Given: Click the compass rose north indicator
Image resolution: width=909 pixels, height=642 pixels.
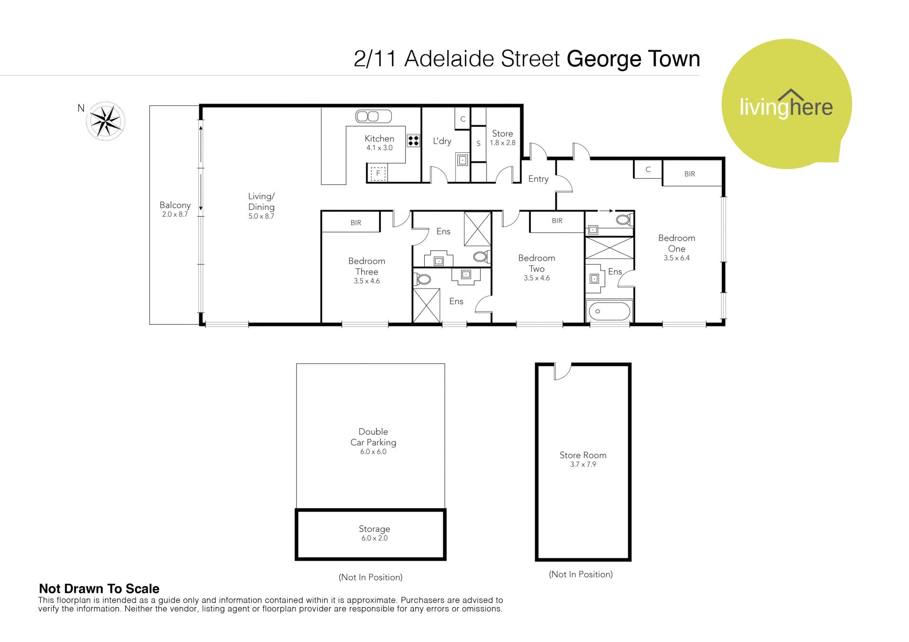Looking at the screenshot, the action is [x=105, y=121].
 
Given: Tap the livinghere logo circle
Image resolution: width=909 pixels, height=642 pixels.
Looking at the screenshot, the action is [x=786, y=104].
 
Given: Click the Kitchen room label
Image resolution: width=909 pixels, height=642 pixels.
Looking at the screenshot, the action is [x=379, y=139].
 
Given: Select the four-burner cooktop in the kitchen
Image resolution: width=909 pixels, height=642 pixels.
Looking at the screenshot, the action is [x=413, y=141].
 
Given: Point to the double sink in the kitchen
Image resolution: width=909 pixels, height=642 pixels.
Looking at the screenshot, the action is [x=374, y=116].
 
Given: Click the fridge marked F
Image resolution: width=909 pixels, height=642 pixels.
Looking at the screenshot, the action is [x=378, y=173].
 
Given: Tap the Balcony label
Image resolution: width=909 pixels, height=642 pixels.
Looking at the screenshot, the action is [x=175, y=205].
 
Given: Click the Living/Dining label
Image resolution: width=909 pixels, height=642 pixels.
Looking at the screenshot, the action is [x=261, y=202].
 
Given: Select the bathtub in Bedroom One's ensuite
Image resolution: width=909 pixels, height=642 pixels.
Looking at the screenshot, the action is [x=609, y=311].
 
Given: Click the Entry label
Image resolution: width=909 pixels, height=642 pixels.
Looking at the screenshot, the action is [x=538, y=179].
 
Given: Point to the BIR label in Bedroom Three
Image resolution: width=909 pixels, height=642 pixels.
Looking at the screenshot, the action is [x=356, y=223].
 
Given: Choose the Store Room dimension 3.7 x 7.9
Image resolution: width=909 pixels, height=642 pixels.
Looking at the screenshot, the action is [x=583, y=465].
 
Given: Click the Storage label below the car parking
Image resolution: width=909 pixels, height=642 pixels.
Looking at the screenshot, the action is [x=374, y=529].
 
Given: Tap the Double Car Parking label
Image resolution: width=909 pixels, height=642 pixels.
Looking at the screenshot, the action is [x=373, y=437].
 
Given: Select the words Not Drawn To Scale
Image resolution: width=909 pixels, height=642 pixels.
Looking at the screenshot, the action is [x=99, y=589].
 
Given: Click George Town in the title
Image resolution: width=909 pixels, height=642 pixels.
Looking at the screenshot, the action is [x=633, y=59].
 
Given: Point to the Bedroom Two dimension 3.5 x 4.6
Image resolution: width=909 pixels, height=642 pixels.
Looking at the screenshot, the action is [x=536, y=278].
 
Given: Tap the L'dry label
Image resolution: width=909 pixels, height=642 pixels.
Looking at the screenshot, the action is [x=442, y=141].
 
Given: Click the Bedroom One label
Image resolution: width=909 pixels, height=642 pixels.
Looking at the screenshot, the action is [x=677, y=243].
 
